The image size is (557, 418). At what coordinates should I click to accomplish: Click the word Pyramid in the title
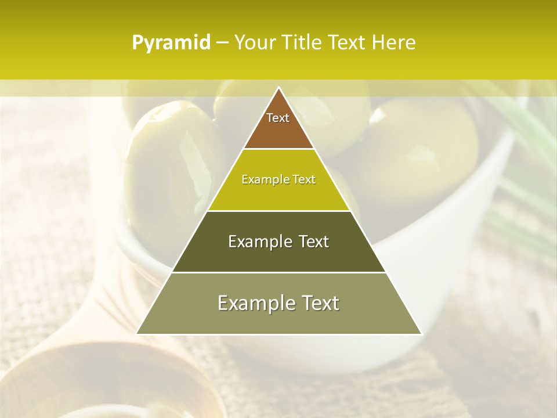(171, 43)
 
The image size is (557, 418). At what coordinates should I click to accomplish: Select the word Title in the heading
(302, 43)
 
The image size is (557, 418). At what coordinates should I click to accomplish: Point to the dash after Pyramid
(222, 43)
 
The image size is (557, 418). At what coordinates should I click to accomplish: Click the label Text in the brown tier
(278, 118)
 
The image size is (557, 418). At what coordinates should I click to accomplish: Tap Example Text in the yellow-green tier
(278, 179)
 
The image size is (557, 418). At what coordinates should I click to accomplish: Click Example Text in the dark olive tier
(278, 242)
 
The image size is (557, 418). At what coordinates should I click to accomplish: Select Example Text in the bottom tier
(278, 303)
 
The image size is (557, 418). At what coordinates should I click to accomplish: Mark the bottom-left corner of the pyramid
(137, 334)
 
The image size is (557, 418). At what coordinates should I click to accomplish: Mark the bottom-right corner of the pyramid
(421, 334)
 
